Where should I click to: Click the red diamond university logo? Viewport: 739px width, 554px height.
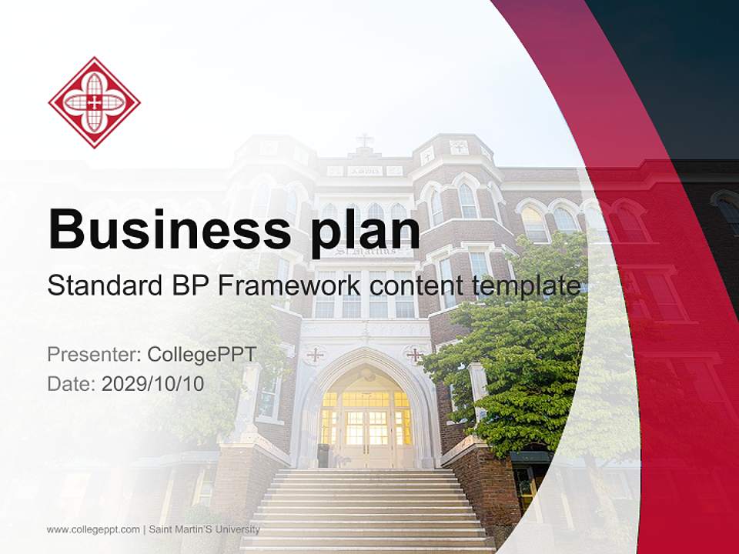(x=94, y=102)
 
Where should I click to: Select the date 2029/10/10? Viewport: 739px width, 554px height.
(x=152, y=383)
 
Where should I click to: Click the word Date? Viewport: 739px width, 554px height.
(x=70, y=383)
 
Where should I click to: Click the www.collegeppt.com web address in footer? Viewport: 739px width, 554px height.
(x=93, y=529)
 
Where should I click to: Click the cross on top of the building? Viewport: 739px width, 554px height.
(x=364, y=141)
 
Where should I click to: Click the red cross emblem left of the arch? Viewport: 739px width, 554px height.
(x=315, y=355)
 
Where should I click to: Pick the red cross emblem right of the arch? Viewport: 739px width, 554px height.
(x=415, y=355)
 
